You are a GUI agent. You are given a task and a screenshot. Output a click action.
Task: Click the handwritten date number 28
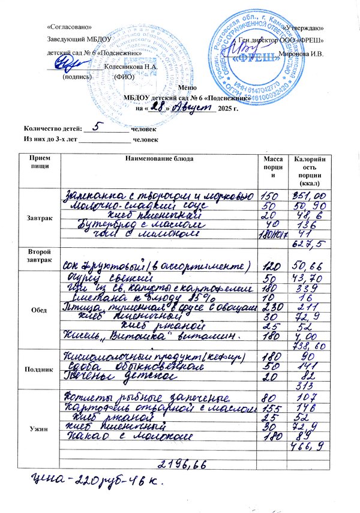point(157,108)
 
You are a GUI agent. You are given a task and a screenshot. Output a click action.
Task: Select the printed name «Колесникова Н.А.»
point(130,66)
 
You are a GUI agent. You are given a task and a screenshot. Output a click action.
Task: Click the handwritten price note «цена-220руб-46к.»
point(91,482)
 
